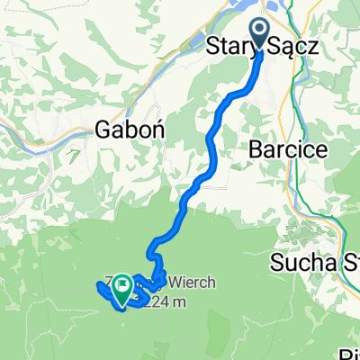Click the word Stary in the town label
[x=230, y=45]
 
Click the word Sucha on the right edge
[x=297, y=265]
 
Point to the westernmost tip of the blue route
[x=96, y=285]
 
